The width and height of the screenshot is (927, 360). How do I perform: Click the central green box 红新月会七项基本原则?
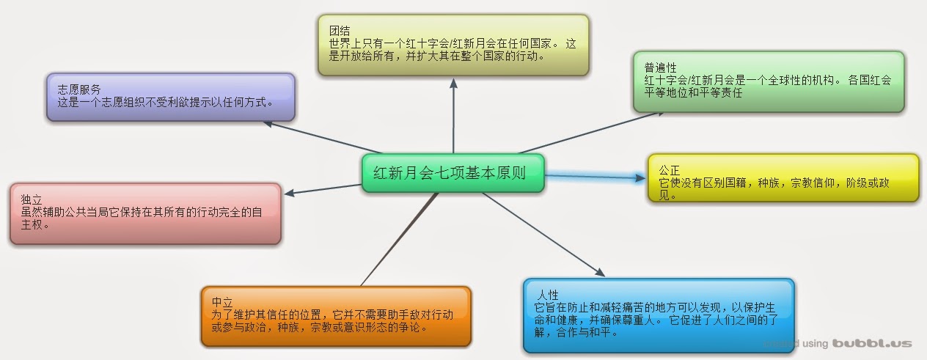coord(452,173)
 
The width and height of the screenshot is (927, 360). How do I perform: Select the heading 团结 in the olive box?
coord(340,31)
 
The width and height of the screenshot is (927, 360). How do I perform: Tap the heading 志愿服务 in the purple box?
coord(79,89)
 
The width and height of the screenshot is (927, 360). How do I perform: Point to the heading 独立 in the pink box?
coord(31,199)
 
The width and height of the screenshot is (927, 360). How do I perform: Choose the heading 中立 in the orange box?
coord(222,302)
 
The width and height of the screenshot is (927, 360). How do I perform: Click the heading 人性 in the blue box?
coord(548,295)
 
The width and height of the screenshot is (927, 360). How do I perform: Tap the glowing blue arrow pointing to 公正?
coord(594,176)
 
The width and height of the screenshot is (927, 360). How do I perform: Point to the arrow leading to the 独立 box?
coord(323,188)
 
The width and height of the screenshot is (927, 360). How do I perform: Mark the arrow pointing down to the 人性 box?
coord(543,235)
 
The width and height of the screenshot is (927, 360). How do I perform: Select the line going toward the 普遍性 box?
coord(576,133)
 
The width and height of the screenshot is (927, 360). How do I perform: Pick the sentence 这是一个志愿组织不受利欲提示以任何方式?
coord(165,102)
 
